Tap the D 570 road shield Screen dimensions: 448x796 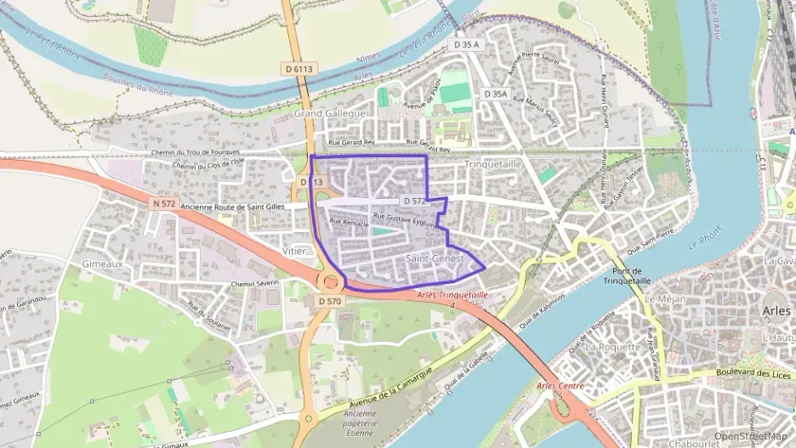click(x=330, y=301)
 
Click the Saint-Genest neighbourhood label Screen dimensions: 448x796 click(x=435, y=258)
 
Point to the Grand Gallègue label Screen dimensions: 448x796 click(x=330, y=113)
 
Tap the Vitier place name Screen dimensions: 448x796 click(x=293, y=252)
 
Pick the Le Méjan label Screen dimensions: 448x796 click(x=665, y=299)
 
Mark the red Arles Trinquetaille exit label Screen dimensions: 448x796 click(x=452, y=295)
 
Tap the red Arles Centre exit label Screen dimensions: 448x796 click(x=560, y=386)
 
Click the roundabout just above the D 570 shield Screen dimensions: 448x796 click(x=330, y=280)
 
